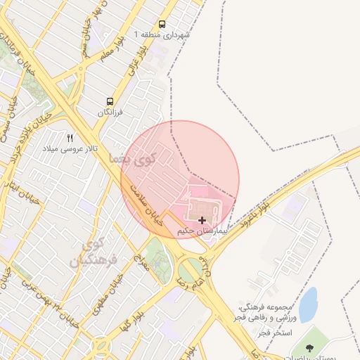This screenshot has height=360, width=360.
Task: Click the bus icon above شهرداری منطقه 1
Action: point(162,24)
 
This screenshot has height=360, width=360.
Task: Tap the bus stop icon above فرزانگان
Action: point(110,102)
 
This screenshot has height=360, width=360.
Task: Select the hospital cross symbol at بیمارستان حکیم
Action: point(202,221)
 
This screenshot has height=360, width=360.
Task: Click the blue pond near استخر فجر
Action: point(308,304)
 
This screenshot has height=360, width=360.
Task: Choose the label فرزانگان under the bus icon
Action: point(110,112)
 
